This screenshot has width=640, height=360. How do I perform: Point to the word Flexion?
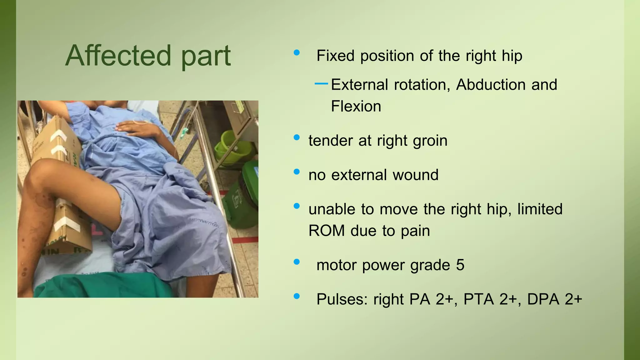356,106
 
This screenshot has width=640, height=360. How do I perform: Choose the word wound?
415,175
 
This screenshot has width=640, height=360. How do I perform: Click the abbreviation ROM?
326,231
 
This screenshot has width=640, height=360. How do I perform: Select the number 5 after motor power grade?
460,265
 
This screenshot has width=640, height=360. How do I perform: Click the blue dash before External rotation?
321,83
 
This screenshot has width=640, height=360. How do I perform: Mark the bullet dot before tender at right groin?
297,137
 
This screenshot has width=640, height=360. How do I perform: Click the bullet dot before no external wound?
297,172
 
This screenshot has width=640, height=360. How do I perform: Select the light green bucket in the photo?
233,147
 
